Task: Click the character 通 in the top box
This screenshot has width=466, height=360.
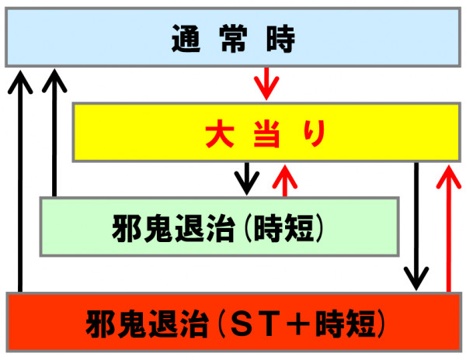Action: click(x=186, y=39)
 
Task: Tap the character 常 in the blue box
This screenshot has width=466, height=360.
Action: click(x=233, y=39)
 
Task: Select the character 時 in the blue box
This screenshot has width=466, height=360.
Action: click(x=280, y=39)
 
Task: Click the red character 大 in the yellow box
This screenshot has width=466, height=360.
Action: click(x=220, y=133)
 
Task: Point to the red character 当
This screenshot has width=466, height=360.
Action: click(x=267, y=133)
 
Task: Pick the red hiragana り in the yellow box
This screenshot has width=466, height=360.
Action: click(x=314, y=133)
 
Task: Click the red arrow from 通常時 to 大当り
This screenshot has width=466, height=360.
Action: click(x=266, y=84)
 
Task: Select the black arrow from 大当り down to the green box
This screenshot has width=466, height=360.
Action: click(x=247, y=178)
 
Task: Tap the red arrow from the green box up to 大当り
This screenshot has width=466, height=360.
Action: click(x=285, y=181)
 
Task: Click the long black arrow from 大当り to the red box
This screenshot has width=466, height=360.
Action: click(x=416, y=226)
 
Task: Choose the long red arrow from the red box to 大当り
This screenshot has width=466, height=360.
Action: click(x=449, y=229)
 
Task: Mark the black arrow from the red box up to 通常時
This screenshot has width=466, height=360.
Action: click(x=20, y=181)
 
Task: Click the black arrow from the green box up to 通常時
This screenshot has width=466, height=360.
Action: click(x=54, y=133)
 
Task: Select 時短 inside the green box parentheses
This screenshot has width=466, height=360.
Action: click(x=283, y=228)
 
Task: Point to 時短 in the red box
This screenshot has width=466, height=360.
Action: click(x=346, y=324)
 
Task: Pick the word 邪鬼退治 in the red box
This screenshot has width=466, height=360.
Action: click(x=147, y=324)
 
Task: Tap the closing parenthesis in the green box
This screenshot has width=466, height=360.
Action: click(x=319, y=228)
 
